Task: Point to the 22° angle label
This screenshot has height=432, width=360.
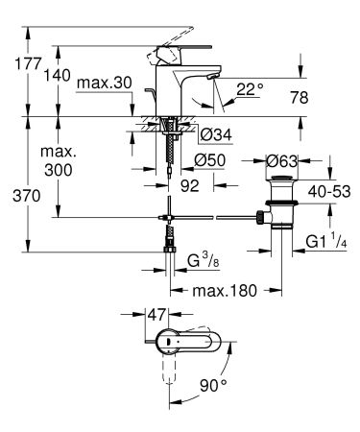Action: [x=249, y=89]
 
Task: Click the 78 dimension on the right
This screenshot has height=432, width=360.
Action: [x=325, y=96]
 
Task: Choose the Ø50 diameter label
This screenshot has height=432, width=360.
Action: [x=210, y=158]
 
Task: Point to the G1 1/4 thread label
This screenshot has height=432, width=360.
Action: [x=326, y=240]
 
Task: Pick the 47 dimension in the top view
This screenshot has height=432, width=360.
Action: [x=157, y=314]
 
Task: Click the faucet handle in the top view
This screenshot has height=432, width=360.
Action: [x=189, y=342]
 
